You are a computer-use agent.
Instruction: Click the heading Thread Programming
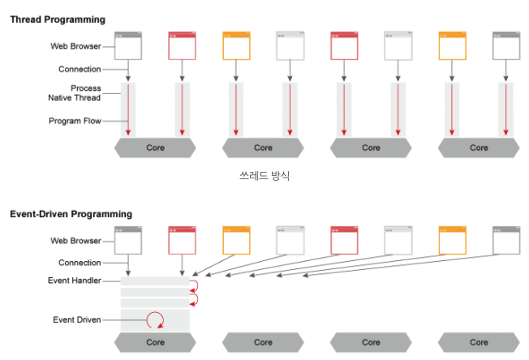pos(58,19)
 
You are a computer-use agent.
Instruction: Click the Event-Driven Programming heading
pos(71,214)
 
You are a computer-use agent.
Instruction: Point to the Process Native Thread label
pos(74,92)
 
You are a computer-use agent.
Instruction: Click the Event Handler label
pos(74,281)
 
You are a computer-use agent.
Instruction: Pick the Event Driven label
pos(76,319)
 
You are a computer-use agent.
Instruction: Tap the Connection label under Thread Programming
pos(80,69)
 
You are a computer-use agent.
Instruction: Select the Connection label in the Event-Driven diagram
pos(80,263)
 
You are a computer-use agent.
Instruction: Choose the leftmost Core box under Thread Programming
pos(155,148)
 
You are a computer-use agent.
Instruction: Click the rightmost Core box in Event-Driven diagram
pos(479,342)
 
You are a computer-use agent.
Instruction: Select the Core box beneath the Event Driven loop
pos(155,342)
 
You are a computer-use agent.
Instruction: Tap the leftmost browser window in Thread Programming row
pos(128,45)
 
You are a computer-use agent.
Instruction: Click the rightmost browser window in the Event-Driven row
pos(506,240)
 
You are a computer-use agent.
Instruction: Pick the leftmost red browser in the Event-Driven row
pos(182,240)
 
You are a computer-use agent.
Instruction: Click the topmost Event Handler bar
pos(154,281)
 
